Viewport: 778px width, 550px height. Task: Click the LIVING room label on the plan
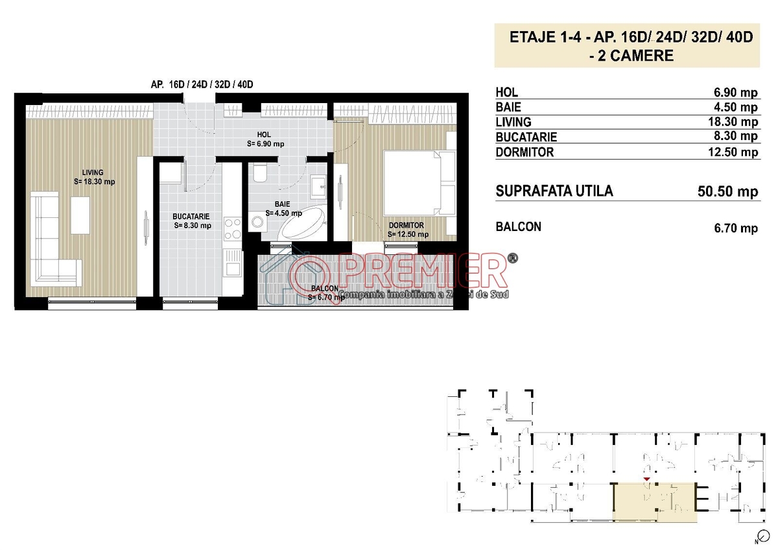[93, 173]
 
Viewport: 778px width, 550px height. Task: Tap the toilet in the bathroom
[260, 173]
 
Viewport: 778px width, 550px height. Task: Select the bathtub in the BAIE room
[303, 222]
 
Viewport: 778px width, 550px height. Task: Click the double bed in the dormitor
[419, 183]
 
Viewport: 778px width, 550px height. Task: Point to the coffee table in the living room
[80, 215]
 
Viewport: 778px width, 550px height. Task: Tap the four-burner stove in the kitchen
[233, 228]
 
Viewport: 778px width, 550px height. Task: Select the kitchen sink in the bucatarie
[233, 263]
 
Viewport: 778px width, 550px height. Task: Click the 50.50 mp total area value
[727, 191]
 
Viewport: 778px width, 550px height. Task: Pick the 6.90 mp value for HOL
[736, 92]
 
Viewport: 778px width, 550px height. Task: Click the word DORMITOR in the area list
[525, 152]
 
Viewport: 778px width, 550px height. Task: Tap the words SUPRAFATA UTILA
[554, 191]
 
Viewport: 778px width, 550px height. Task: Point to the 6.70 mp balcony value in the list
[736, 228]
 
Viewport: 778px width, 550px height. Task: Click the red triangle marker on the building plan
[646, 479]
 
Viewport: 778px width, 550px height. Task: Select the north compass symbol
[763, 536]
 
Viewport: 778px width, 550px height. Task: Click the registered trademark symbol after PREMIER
[513, 257]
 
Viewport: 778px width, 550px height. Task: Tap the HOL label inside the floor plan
[264, 134]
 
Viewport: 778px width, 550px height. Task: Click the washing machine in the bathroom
[257, 222]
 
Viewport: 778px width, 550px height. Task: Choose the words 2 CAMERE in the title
[635, 56]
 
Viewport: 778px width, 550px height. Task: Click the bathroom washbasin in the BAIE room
[318, 187]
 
